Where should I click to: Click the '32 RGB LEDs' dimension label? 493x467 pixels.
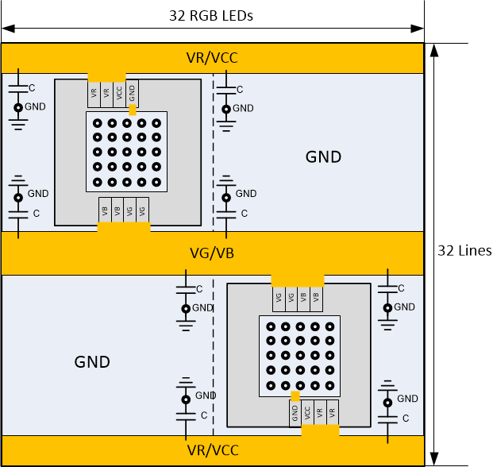tap(211, 15)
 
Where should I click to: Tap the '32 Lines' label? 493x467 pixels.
tap(464, 250)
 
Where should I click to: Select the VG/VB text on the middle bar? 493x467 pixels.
tap(211, 253)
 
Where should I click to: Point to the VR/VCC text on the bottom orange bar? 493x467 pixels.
tap(211, 450)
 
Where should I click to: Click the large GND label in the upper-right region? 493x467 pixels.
tap(323, 157)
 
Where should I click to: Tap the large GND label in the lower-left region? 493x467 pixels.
tap(92, 362)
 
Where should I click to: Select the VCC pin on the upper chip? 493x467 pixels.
tap(119, 92)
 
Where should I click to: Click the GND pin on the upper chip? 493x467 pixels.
tap(132, 92)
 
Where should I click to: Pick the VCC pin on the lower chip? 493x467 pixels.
tap(307, 412)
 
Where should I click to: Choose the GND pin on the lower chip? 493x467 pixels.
tap(295, 412)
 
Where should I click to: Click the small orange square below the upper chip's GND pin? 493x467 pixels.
tap(133, 110)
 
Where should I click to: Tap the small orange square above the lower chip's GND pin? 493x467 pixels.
tap(295, 395)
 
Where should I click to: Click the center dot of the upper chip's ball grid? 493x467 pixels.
tap(126, 152)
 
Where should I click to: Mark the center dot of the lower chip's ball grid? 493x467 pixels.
tap(300, 355)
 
